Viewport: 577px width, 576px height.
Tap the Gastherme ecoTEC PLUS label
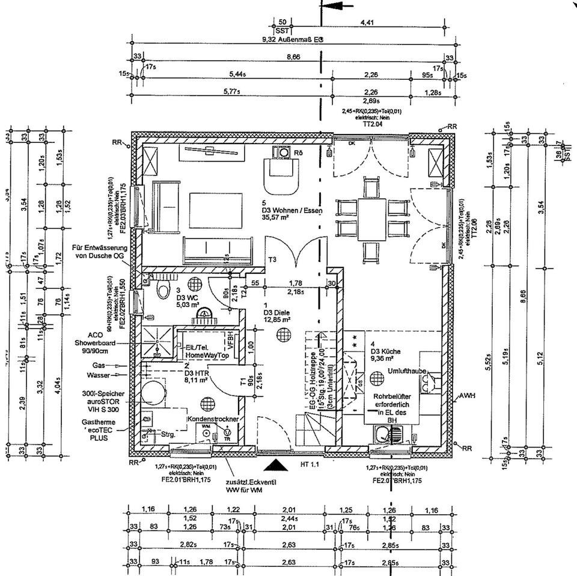tap(102, 431)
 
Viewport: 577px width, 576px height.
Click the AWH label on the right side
tap(467, 396)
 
